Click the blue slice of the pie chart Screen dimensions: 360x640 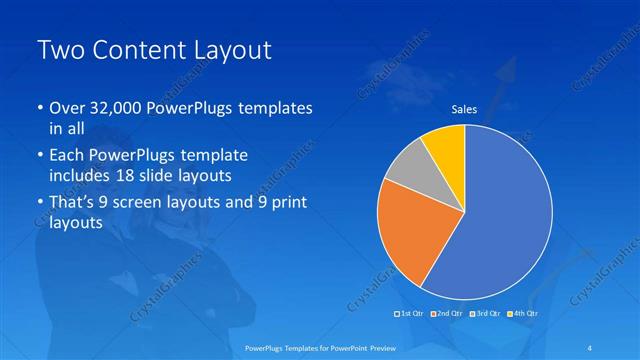[505, 220]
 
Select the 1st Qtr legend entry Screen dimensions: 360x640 [410, 314]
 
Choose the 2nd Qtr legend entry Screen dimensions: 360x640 [447, 314]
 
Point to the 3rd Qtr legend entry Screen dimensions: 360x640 [485, 314]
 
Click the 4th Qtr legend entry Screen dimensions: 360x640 [522, 314]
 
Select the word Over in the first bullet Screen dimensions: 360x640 [66, 108]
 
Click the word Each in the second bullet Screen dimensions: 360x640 [67, 156]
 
